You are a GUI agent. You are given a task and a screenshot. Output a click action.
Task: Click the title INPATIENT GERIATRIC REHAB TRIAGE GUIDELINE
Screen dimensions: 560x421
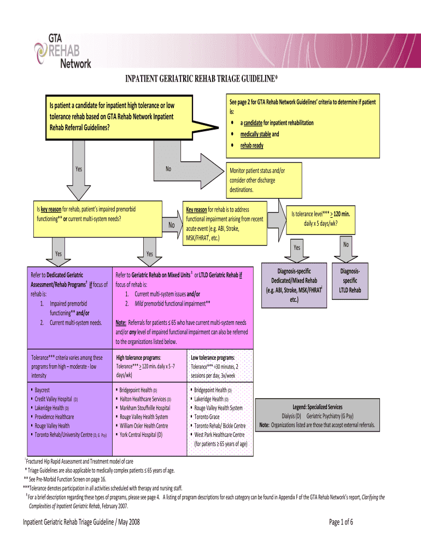click(202, 81)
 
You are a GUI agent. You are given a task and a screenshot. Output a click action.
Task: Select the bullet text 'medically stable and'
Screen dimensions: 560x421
click(260, 134)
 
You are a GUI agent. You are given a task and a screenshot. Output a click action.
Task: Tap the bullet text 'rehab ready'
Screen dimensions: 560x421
click(252, 145)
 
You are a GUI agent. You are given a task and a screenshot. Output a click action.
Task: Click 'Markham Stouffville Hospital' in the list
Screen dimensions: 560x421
click(145, 408)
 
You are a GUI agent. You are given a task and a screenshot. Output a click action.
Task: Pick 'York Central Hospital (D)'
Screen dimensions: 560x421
click(141, 434)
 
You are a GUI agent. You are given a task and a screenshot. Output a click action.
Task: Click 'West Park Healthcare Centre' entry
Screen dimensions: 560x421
click(219, 434)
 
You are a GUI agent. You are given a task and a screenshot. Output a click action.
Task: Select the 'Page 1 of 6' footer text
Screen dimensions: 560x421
click(341, 522)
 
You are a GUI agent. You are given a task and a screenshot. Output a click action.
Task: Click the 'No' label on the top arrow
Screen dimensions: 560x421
click(168, 169)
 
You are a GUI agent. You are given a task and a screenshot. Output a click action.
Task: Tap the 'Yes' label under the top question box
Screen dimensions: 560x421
click(79, 169)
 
